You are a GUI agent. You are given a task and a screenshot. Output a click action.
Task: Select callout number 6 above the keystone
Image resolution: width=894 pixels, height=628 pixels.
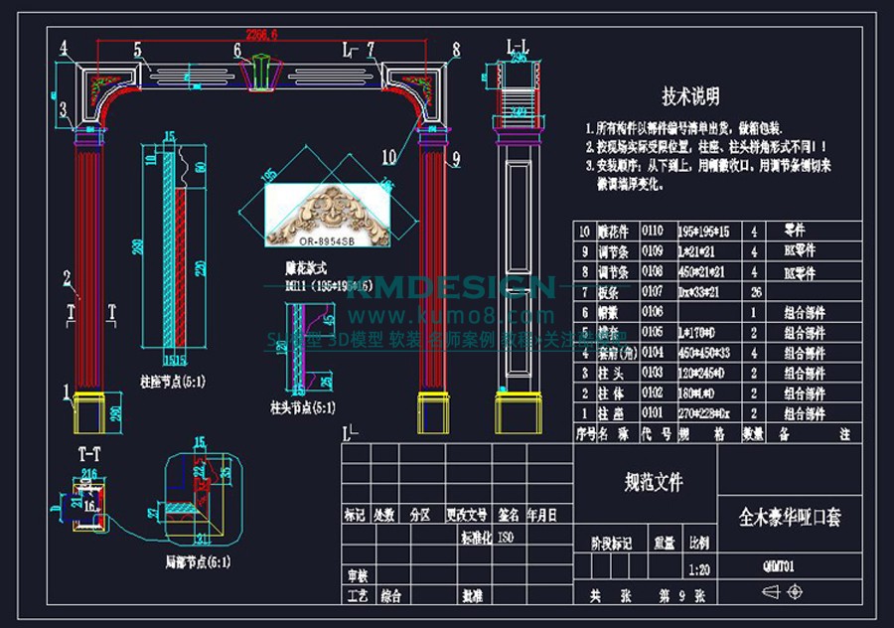[237, 51]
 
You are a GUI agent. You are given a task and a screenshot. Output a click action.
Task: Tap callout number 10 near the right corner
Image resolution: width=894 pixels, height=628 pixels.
[387, 156]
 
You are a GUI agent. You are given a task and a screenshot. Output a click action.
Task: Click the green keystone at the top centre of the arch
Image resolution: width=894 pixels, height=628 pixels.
[256, 72]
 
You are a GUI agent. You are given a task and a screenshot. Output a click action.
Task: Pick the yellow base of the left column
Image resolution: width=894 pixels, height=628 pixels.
[90, 410]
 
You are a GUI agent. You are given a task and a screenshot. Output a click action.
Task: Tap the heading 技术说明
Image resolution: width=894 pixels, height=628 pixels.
[691, 96]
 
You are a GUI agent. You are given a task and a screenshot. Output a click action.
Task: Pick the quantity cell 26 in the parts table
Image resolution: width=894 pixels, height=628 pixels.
[756, 291]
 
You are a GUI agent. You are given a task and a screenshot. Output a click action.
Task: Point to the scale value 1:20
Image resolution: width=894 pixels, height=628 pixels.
[698, 570]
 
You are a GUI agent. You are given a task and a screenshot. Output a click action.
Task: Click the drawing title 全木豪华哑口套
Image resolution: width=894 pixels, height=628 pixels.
[791, 518]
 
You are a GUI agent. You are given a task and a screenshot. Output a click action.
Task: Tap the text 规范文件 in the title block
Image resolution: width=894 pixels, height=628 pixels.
[654, 483]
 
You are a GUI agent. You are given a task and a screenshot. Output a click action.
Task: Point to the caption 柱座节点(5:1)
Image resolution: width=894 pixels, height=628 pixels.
[174, 380]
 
